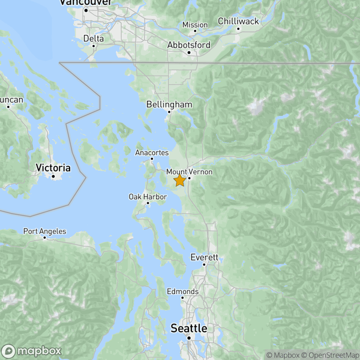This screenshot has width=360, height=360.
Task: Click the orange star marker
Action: pos(179,181)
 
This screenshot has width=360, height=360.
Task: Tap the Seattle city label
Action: pos(188,329)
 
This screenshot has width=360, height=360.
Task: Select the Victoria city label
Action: pos(53,167)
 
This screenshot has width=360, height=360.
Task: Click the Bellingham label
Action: pos(169,104)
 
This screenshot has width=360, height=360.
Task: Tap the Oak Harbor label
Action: pos(148,196)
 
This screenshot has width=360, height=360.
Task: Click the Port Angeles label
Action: pos(44,231)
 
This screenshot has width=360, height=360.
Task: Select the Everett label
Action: pos(204,257)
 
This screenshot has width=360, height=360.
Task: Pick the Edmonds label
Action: pos(182,292)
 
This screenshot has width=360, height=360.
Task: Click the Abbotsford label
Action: pos(188,45)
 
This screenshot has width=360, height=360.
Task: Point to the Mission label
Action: pos(195,25)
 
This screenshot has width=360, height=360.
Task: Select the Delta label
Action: pos(93,38)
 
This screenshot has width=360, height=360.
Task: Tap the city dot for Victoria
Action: pos(53,176)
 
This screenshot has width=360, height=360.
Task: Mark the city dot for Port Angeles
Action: pos(44,238)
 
